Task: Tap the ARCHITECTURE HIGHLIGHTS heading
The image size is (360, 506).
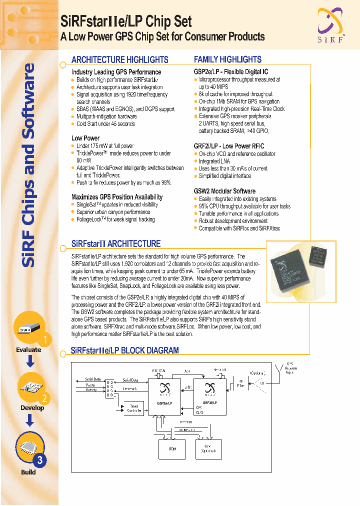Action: [x=119, y=59]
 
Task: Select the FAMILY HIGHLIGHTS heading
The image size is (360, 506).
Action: [x=227, y=59]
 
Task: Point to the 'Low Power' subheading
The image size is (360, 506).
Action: [x=85, y=138]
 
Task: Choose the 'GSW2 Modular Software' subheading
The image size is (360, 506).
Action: [x=224, y=191]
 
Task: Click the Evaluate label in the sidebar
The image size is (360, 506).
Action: [x=28, y=350]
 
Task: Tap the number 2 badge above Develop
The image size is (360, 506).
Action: [x=44, y=398]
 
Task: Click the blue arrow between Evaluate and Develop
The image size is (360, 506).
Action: [x=29, y=362]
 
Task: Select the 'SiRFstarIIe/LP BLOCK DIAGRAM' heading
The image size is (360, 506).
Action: [x=124, y=350]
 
